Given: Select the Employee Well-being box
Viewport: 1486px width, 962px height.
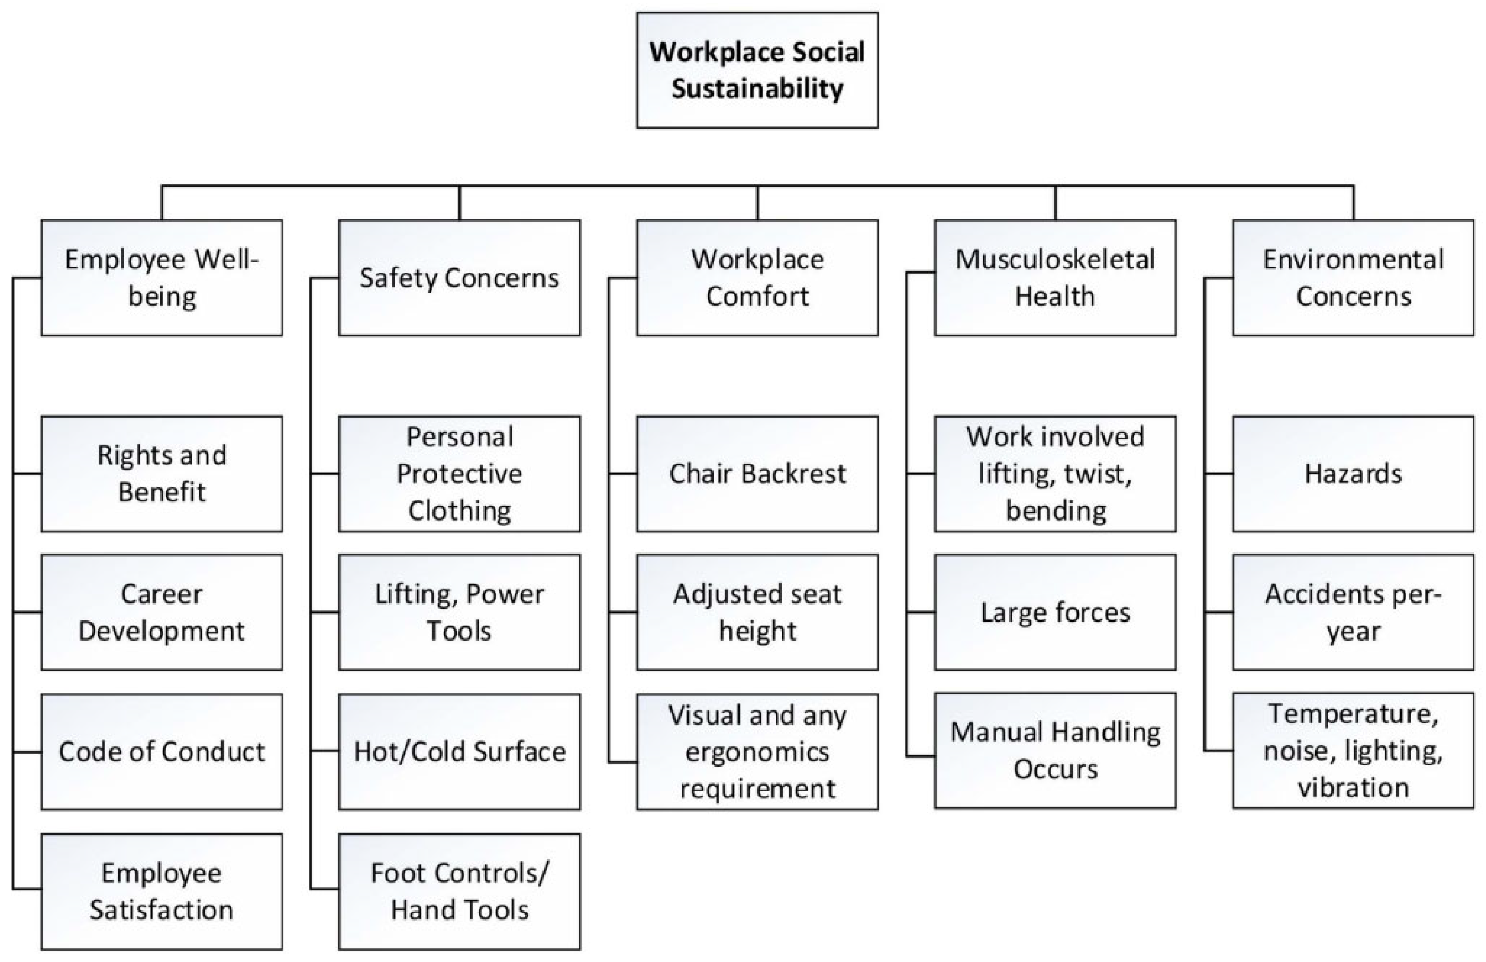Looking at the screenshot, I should pos(161,277).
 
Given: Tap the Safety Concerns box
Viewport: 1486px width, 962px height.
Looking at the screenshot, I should pos(459,277).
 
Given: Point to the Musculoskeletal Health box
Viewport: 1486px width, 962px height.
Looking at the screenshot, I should pos(1055,277).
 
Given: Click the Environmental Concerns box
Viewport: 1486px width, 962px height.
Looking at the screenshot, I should pos(1353,277).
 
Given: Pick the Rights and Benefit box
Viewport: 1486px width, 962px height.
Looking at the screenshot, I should pos(161,473).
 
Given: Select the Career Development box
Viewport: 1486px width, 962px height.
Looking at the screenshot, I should pos(161,612).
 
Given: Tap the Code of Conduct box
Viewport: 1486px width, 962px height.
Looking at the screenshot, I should pos(161,751).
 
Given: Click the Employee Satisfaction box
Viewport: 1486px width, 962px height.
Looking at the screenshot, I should pos(161,891).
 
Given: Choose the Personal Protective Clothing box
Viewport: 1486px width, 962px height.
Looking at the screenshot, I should pos(459,473).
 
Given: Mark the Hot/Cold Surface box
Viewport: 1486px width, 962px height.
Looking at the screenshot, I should pos(459,751).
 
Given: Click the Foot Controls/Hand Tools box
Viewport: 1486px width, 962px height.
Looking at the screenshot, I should pos(459,891).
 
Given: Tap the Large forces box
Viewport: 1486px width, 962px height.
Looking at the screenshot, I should pos(1055,612).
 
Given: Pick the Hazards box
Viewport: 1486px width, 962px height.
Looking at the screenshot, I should pos(1353,473).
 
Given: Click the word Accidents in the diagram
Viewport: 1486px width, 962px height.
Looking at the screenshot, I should pos(1314,594).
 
